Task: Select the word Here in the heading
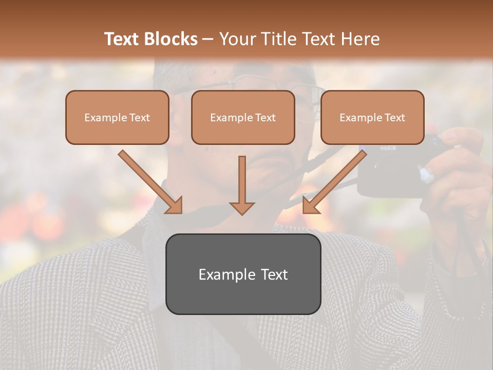pyautogui.click(x=360, y=39)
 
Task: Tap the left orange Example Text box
pyautogui.click(x=117, y=117)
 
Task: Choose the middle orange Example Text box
pyautogui.click(x=243, y=117)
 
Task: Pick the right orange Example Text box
pyautogui.click(x=372, y=117)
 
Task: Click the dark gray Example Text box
pyautogui.click(x=243, y=274)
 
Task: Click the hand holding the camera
pyautogui.click(x=457, y=170)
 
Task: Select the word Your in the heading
pyautogui.click(x=236, y=39)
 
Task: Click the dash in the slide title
pyautogui.click(x=208, y=40)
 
